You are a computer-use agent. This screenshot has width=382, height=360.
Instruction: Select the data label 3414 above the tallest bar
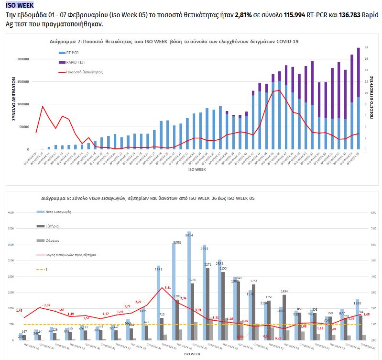click(x=189, y=235)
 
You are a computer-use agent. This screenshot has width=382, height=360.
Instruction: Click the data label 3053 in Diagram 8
click(x=177, y=243)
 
